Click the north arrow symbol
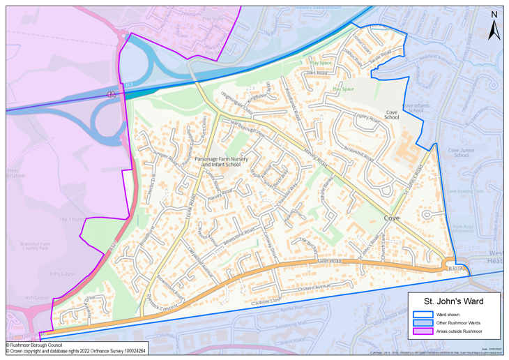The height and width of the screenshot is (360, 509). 494,26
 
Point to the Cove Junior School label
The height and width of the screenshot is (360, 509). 461,152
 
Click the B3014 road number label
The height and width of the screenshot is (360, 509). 456,267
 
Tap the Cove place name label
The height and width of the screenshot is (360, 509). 391,218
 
